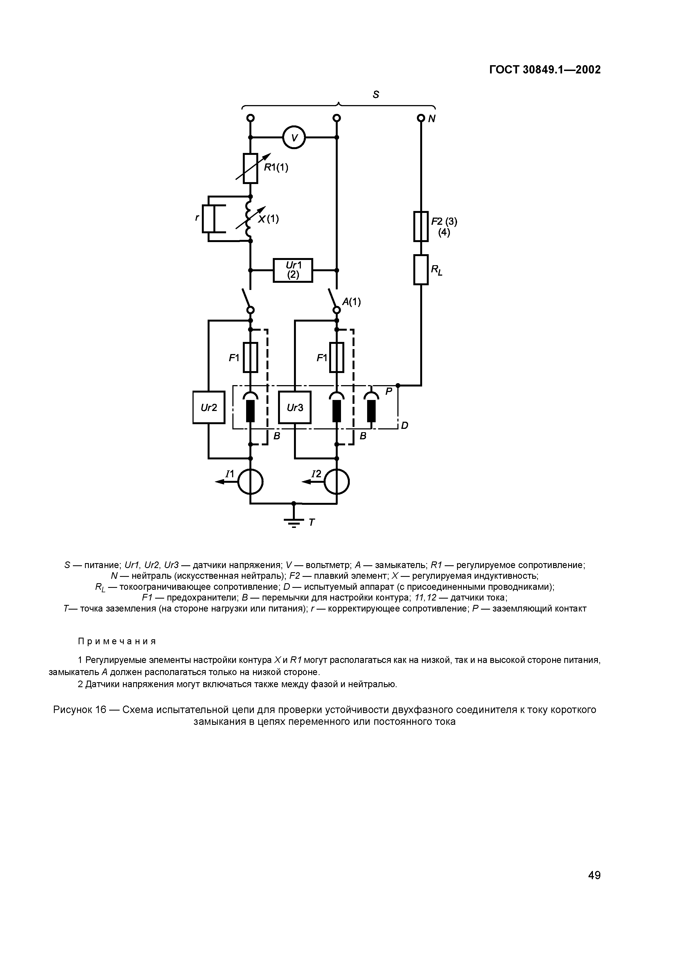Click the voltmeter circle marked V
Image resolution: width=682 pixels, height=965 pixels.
[294, 137]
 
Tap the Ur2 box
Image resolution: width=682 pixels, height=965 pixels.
[209, 407]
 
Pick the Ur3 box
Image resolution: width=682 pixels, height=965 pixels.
[295, 407]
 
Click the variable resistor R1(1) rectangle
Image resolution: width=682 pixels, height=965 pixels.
[251, 168]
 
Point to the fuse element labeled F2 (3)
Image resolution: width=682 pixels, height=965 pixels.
[421, 226]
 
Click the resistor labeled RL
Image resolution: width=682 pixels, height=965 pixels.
[421, 269]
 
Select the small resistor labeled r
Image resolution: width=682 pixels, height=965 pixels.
[208, 218]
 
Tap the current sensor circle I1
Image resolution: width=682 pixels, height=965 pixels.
[251, 482]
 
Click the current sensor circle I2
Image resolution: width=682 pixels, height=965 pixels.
[337, 482]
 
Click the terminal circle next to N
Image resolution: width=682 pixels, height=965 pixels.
[421, 119]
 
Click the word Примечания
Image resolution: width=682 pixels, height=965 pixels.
[117, 641]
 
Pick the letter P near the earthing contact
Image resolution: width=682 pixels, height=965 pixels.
[389, 391]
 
